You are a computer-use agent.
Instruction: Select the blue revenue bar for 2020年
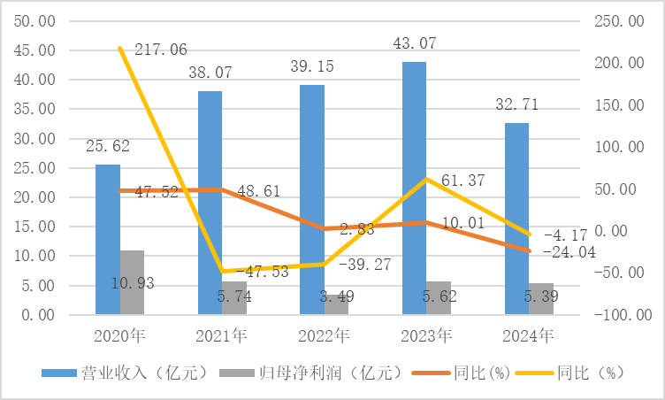pos(108,239)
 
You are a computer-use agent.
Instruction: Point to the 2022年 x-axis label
pos(324,335)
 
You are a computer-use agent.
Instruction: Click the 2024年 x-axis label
pos(528,335)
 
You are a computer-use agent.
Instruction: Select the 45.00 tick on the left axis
pos(33,50)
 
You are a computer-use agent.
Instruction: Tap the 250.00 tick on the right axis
pos(629,21)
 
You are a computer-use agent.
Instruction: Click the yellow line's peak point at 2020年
pos(119,48)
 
